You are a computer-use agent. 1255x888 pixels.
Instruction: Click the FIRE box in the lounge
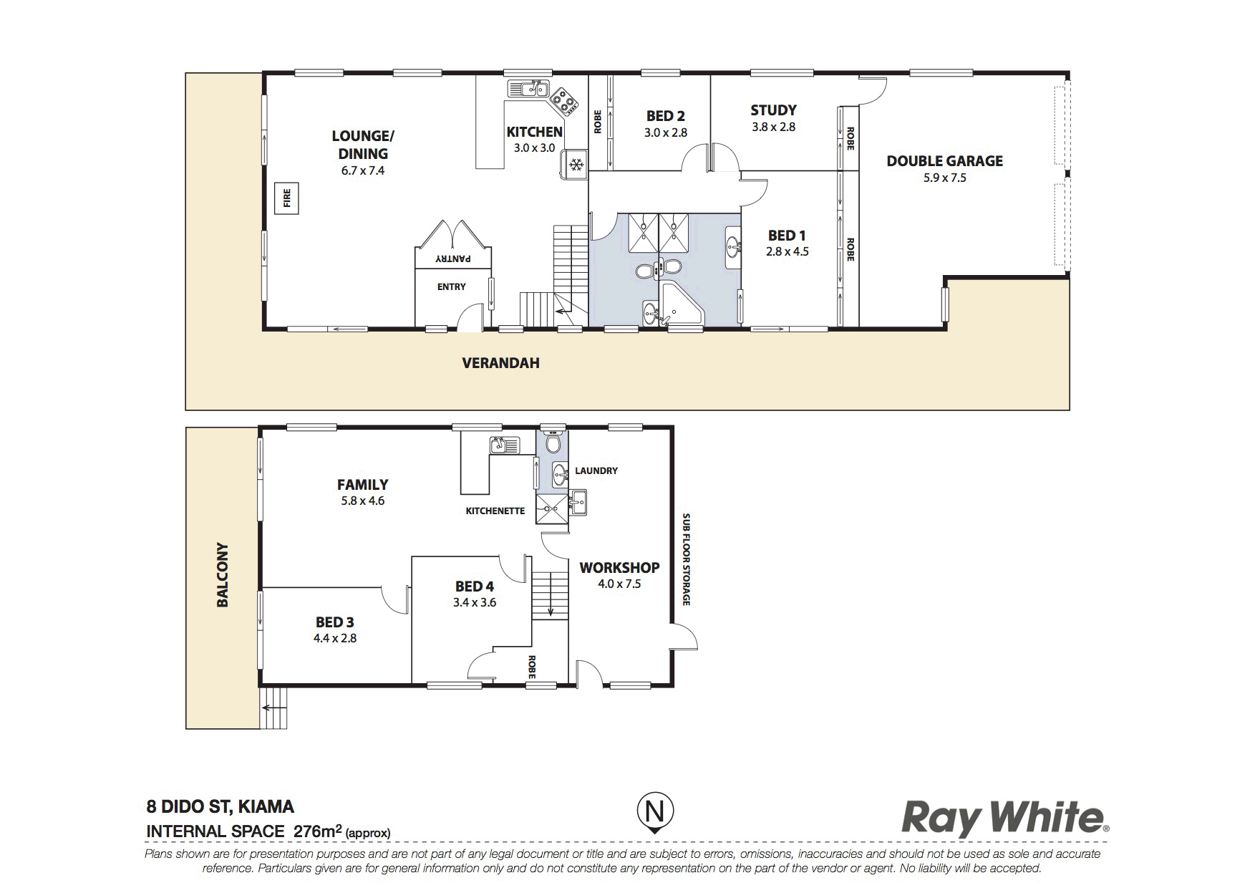tap(288, 198)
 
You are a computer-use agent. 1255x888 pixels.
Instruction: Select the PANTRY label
tap(452, 258)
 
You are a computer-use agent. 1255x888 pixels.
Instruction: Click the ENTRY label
tap(451, 286)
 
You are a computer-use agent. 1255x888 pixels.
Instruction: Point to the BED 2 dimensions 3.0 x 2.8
tap(666, 132)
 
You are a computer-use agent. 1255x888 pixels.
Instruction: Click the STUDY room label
tap(773, 110)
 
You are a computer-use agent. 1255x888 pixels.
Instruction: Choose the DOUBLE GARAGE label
tap(944, 161)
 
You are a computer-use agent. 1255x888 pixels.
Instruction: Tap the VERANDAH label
tap(500, 363)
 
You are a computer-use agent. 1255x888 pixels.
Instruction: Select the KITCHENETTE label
tap(495, 511)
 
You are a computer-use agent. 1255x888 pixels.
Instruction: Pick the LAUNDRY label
tap(596, 470)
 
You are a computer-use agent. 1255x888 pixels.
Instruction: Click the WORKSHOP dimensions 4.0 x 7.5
tap(619, 584)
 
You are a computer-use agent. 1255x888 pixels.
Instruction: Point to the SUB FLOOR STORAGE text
tap(686, 559)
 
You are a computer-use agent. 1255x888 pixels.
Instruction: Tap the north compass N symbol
tap(655, 812)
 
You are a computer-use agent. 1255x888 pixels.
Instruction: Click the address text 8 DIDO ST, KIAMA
tap(220, 807)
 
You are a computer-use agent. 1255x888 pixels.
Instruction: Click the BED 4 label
tap(474, 586)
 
